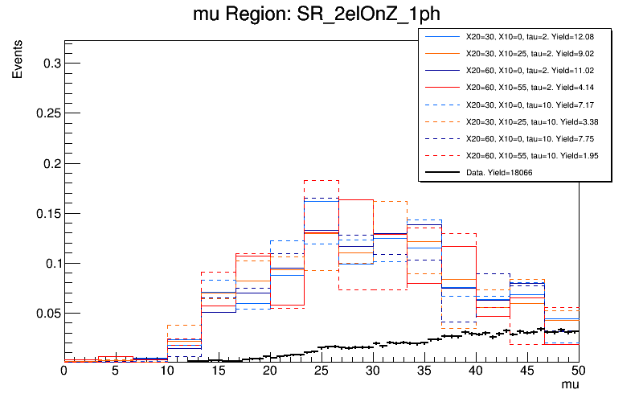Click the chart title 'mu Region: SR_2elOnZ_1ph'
[x=321, y=15]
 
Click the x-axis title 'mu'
[x=569, y=386]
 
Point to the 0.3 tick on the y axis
[x=49, y=63]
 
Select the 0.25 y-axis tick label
[x=46, y=113]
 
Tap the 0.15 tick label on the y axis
[x=46, y=213]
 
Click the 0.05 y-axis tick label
[x=46, y=313]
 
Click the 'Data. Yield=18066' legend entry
[x=499, y=172]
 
